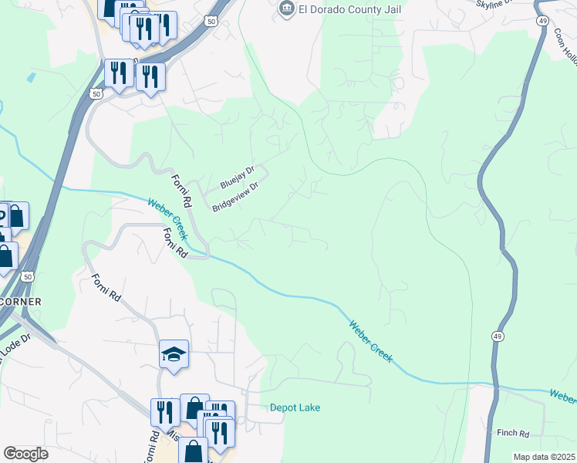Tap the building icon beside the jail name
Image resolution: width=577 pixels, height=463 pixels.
[287, 8]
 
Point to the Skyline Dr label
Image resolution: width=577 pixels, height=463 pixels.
[494, 4]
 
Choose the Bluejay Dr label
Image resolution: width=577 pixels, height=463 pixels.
[237, 177]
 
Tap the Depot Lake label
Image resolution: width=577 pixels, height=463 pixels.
[295, 407]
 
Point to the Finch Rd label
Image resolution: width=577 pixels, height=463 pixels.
[513, 434]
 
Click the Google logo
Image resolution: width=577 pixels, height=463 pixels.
[25, 454]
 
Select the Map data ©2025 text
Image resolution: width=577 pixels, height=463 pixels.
[543, 457]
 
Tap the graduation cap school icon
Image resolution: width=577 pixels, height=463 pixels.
[174, 355]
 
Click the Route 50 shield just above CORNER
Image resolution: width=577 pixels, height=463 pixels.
[28, 275]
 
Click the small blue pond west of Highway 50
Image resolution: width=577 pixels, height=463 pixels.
[30, 77]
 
